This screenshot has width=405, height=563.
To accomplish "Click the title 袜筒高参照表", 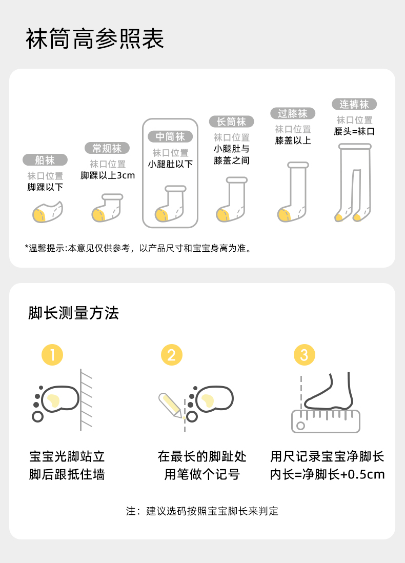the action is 95,39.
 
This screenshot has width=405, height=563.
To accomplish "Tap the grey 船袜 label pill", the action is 45,160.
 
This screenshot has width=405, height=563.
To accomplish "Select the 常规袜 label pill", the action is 107,148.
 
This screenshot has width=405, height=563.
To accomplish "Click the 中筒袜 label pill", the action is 170,136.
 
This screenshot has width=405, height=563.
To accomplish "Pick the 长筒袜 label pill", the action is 232,122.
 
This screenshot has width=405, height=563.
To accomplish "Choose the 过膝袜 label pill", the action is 293,113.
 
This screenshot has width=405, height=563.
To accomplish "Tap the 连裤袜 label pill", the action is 354,104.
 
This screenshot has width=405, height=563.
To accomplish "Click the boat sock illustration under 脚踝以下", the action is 47,212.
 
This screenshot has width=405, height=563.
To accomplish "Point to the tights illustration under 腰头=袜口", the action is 354,183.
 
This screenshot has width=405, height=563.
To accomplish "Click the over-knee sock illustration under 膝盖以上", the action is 293,192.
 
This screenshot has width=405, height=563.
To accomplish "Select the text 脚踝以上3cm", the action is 108,175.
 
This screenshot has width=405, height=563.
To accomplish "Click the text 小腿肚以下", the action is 170,164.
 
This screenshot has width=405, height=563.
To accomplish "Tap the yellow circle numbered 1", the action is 52,355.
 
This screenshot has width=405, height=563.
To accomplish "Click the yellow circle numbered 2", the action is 172,355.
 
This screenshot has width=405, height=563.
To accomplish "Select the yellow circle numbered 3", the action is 305,355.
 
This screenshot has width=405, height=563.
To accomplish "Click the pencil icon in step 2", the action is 171,405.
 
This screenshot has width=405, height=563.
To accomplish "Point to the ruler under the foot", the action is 326,421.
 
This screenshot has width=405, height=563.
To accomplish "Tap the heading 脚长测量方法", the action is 74,313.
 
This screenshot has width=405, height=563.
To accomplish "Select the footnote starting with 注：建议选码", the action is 202,511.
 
